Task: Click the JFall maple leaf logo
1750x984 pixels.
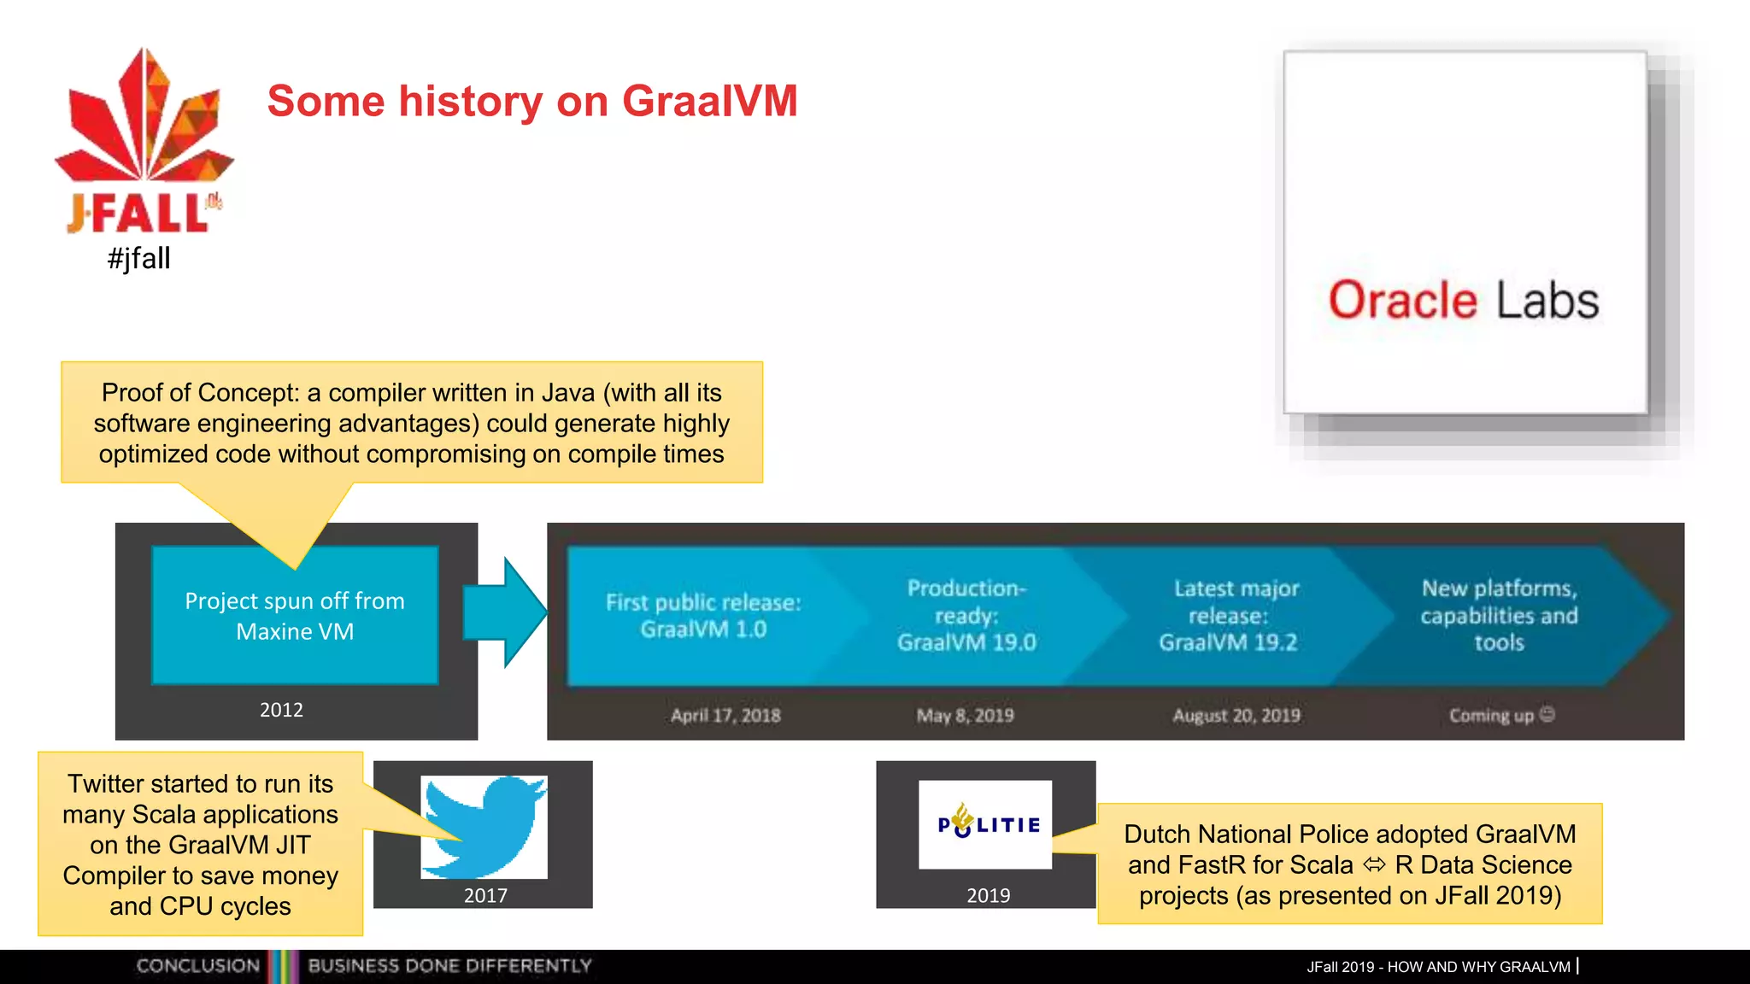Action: tap(144, 120)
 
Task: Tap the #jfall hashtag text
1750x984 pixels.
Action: tap(139, 258)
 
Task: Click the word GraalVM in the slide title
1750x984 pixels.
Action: tap(709, 101)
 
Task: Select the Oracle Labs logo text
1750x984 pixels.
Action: tap(1463, 301)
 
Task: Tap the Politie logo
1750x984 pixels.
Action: tap(986, 824)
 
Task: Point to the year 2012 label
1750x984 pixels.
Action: tap(281, 710)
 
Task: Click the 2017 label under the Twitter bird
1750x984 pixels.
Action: tap(485, 895)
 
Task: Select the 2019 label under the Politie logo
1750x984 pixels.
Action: tap(988, 895)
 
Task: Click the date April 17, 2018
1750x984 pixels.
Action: tap(725, 716)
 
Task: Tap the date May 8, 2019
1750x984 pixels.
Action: tap(966, 716)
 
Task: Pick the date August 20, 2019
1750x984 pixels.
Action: tap(1236, 716)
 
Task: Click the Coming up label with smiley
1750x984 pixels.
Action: tap(1501, 716)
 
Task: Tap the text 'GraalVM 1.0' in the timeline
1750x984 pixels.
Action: tap(703, 630)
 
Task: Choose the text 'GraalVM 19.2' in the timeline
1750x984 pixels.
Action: tap(1228, 642)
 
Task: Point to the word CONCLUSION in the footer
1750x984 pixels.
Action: tap(198, 966)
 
